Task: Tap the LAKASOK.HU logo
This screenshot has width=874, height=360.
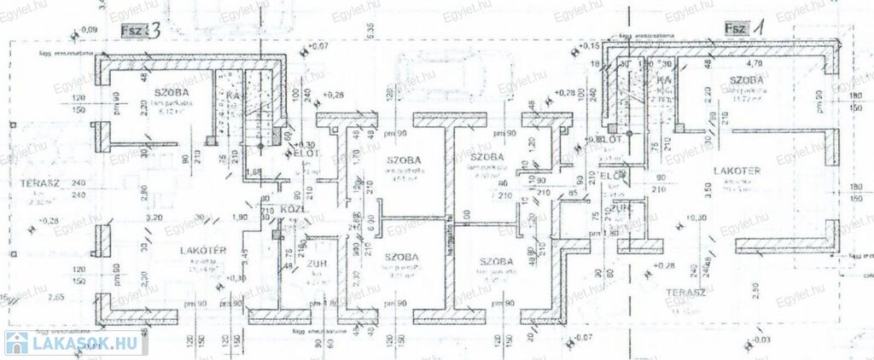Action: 72,343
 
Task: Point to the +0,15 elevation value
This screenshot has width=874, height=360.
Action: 588,44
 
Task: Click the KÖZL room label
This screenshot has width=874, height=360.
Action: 294,210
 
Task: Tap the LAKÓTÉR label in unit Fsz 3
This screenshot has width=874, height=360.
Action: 202,250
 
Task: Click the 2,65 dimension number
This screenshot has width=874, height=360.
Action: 56,296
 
